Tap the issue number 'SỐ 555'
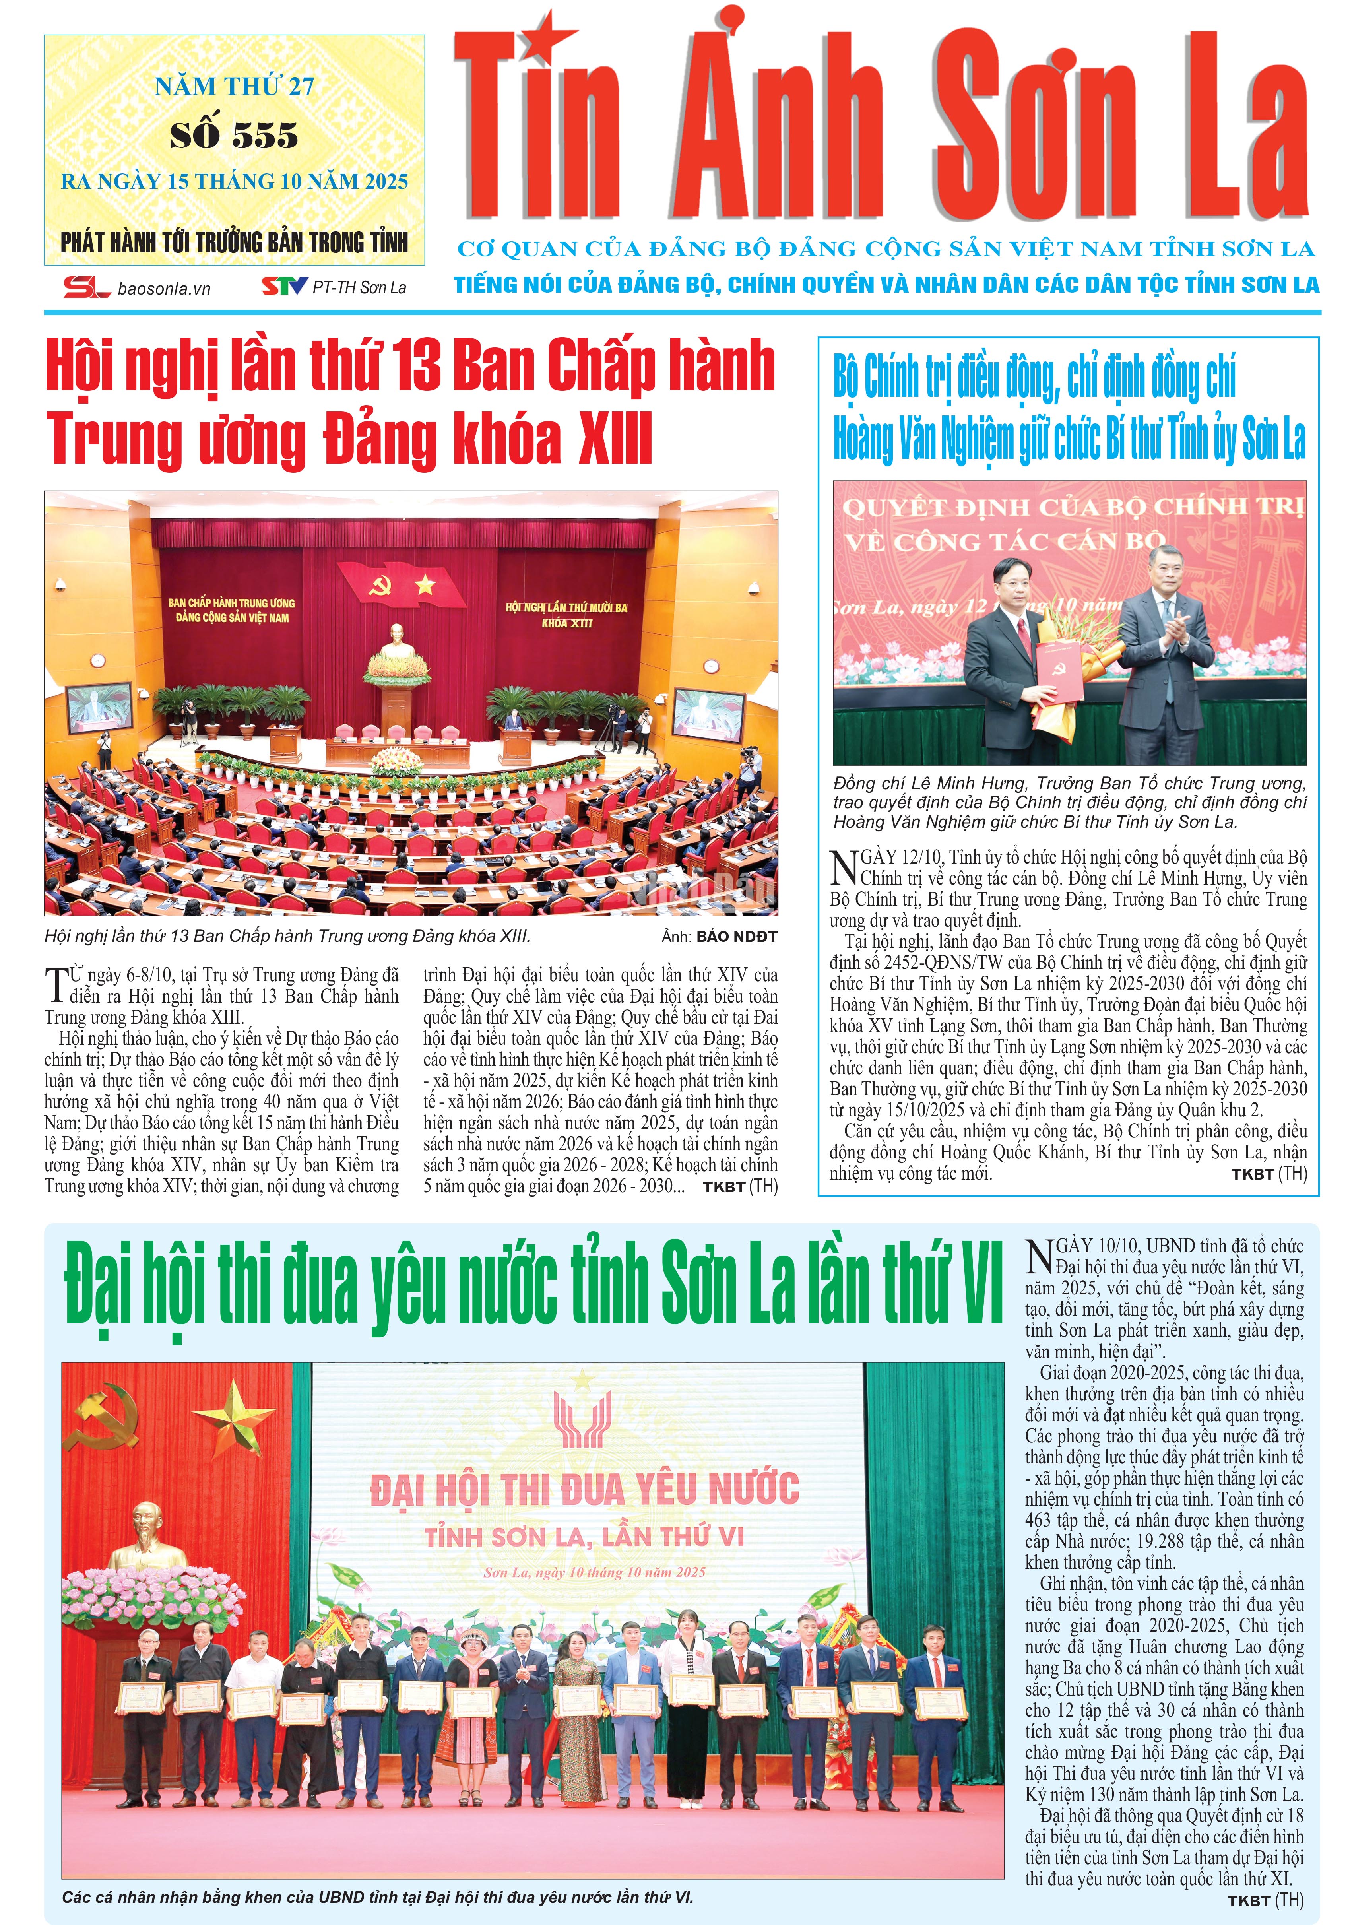point(234,135)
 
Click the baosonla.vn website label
point(164,288)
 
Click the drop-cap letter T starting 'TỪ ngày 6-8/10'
point(56,984)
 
